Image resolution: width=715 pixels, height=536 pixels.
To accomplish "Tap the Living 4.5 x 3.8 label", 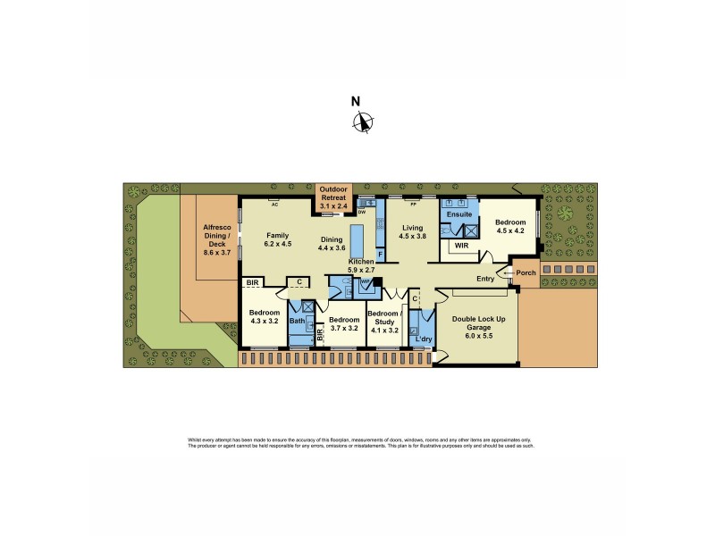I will (412, 232).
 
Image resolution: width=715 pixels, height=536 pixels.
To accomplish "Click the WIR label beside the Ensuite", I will (462, 245).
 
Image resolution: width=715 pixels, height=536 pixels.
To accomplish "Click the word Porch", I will (526, 272).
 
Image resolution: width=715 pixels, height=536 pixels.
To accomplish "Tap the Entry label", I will (485, 279).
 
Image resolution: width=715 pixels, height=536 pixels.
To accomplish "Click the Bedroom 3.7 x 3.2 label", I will (343, 323).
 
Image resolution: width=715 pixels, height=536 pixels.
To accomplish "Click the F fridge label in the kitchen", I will (380, 255).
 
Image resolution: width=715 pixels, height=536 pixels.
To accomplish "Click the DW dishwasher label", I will (362, 213).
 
